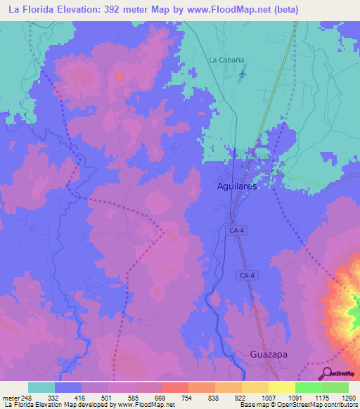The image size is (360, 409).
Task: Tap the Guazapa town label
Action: pyautogui.click(x=270, y=355)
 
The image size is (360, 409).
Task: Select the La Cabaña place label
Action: pyautogui.click(x=224, y=60)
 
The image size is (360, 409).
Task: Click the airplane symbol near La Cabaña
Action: pyautogui.click(x=243, y=73)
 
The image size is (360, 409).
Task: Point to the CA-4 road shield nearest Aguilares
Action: pyautogui.click(x=236, y=230)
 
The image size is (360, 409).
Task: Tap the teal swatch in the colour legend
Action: pyautogui.click(x=41, y=387)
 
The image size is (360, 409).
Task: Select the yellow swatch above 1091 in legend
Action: pyautogui.click(x=281, y=387)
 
